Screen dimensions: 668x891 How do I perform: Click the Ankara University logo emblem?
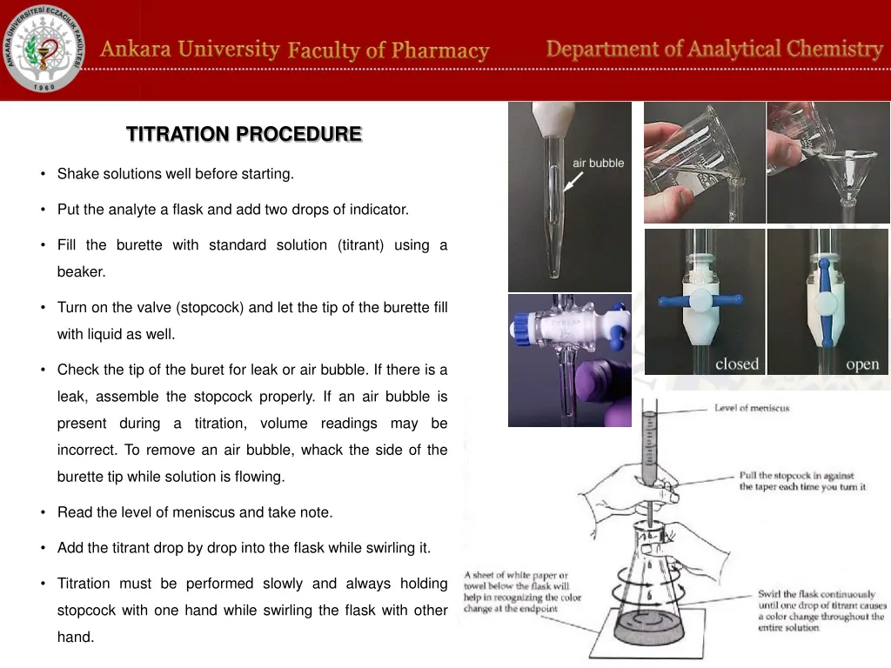pos(44,50)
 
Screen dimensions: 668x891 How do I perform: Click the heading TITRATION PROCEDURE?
pos(244,134)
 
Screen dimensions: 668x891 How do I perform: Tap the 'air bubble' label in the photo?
pos(598,163)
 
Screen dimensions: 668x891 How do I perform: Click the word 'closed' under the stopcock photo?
pos(736,364)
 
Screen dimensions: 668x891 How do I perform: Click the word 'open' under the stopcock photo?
pos(861,364)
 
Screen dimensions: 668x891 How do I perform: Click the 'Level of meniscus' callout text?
pos(752,408)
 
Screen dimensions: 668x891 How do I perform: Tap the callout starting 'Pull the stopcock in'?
pos(802,481)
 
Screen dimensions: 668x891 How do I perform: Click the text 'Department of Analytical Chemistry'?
pos(714,49)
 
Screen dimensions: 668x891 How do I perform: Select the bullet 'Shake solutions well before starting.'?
pos(175,174)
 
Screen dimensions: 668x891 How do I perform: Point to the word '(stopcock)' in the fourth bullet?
pos(210,307)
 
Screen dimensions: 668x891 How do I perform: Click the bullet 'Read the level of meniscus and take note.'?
pos(194,512)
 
